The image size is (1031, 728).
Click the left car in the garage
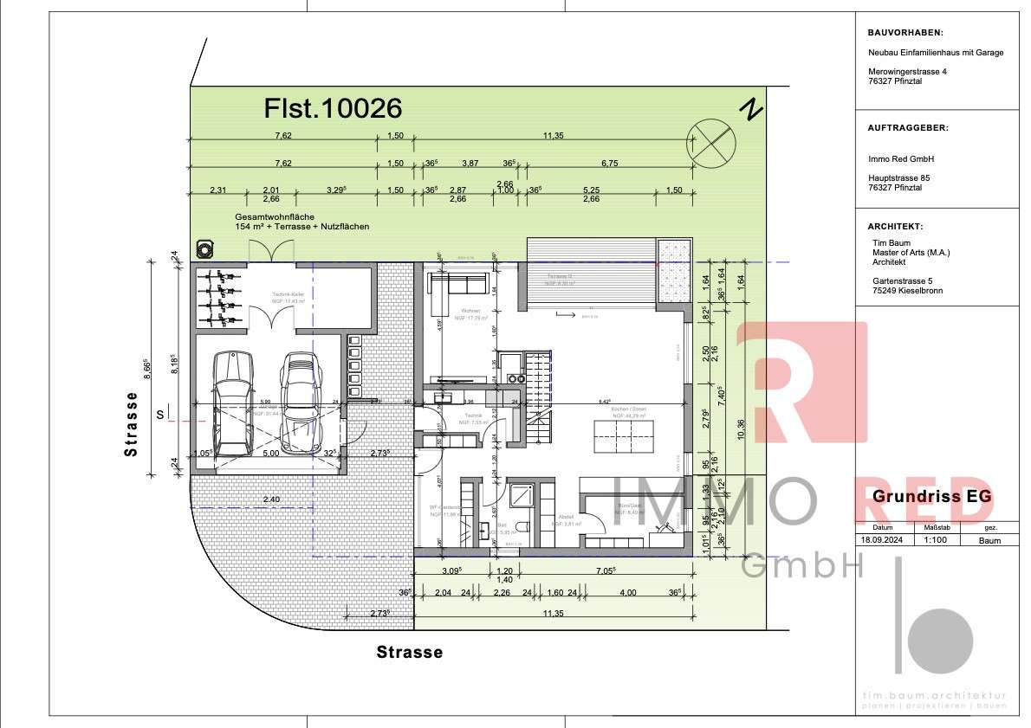coord(233,403)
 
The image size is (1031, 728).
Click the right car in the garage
coord(298,403)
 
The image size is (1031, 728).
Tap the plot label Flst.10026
coord(333,108)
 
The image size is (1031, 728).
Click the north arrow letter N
coord(750,110)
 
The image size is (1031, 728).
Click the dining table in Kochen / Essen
coord(622,435)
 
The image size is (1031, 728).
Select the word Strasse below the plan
coord(409,653)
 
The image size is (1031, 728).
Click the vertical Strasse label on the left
coord(131,424)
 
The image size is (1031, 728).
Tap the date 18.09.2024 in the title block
coord(882,540)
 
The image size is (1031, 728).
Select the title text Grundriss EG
coord(931,497)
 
